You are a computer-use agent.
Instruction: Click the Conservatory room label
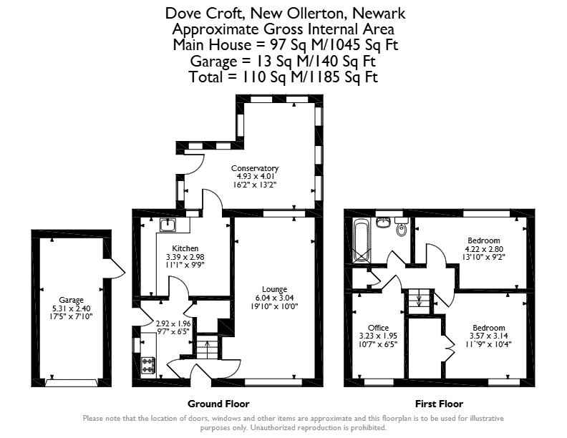pyautogui.click(x=255, y=168)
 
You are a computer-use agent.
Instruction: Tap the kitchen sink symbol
pyautogui.click(x=168, y=225)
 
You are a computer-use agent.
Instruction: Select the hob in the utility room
pyautogui.click(x=148, y=366)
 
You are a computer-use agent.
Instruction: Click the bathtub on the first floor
pyautogui.click(x=362, y=240)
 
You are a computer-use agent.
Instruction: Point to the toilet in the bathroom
pyautogui.click(x=401, y=226)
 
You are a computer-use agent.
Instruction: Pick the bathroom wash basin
pyautogui.click(x=383, y=222)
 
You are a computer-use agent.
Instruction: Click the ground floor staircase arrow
pyautogui.click(x=207, y=347)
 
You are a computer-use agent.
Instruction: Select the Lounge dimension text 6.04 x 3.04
pyautogui.click(x=274, y=298)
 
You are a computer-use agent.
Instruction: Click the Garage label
pyautogui.click(x=72, y=300)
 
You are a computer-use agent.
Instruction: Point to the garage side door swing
pyautogui.click(x=115, y=268)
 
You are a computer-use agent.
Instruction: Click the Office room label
pyautogui.click(x=378, y=328)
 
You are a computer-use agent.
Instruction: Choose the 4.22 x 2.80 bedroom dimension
pyautogui.click(x=484, y=249)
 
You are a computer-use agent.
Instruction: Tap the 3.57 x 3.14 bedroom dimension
pyautogui.click(x=488, y=336)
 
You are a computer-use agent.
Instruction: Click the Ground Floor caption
pyautogui.click(x=218, y=404)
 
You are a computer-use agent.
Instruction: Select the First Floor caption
pyautogui.click(x=439, y=404)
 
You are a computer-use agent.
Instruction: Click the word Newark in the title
pyautogui.click(x=379, y=14)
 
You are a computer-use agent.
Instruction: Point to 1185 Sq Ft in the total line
pyautogui.click(x=344, y=77)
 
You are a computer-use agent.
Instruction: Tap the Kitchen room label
pyautogui.click(x=185, y=248)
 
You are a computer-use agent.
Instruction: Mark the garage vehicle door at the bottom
pyautogui.click(x=72, y=383)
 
